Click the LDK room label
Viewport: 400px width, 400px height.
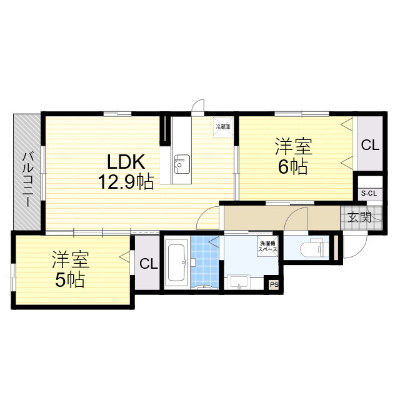(126, 162)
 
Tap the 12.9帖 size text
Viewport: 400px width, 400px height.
(125, 182)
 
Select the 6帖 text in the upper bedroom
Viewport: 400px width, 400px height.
(293, 167)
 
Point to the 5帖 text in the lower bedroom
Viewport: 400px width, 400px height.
(69, 280)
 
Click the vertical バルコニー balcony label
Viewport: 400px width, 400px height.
(28, 175)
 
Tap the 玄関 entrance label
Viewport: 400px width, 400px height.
(359, 217)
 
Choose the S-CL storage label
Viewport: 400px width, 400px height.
(369, 193)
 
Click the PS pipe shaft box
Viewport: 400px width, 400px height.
(273, 285)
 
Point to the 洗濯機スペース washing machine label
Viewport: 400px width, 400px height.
(267, 246)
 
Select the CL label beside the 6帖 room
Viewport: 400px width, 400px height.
(369, 146)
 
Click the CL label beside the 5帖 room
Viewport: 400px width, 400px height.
(148, 263)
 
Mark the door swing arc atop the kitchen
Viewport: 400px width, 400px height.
(197, 106)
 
